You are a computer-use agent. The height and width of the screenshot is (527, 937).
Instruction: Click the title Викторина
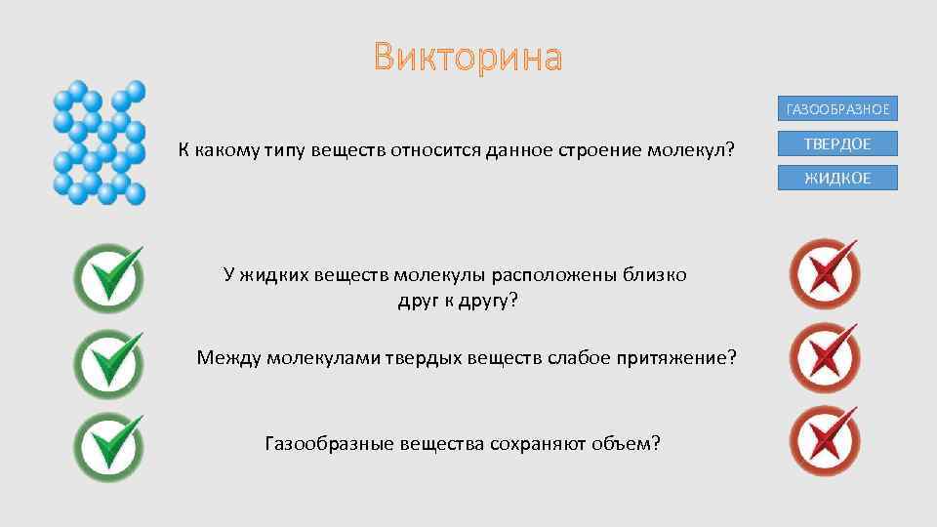click(468, 58)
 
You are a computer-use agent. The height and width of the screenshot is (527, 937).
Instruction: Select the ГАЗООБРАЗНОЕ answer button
click(837, 109)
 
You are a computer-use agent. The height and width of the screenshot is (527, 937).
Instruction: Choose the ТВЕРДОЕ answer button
click(837, 143)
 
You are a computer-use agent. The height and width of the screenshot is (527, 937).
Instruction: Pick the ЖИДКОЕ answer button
click(837, 178)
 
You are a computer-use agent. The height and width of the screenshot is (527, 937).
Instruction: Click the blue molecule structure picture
click(100, 143)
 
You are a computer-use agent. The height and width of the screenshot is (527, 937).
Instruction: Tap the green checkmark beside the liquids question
click(108, 278)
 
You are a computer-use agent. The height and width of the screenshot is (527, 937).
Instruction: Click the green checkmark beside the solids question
click(108, 362)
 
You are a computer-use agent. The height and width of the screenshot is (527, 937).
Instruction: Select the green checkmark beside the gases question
click(108, 446)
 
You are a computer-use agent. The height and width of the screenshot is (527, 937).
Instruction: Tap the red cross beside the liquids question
click(825, 274)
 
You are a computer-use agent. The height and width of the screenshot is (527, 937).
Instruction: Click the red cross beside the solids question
click(825, 358)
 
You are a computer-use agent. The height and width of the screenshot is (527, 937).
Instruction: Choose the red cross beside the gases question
click(825, 441)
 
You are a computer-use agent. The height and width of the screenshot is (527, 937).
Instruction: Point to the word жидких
click(274, 275)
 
